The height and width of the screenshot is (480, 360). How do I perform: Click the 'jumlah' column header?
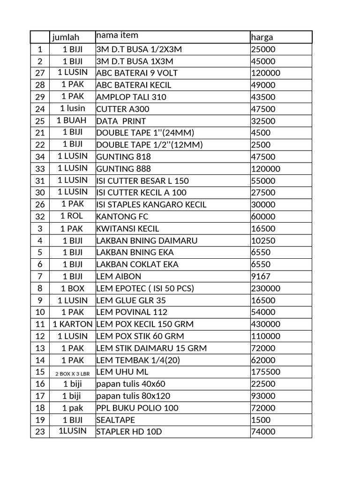(x=66, y=37)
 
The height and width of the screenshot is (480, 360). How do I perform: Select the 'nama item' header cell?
(x=117, y=36)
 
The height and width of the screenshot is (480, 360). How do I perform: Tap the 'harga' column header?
(x=262, y=37)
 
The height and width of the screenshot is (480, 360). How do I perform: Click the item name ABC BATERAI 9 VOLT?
(x=137, y=73)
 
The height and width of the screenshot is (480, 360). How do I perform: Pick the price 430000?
(x=266, y=324)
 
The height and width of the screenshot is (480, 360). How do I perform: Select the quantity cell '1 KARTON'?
(x=72, y=324)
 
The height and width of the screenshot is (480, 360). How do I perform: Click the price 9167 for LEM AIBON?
(x=261, y=277)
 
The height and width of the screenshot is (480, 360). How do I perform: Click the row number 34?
(x=40, y=157)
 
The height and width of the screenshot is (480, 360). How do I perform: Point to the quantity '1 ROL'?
(x=72, y=216)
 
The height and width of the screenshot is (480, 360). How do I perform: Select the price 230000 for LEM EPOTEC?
(x=266, y=288)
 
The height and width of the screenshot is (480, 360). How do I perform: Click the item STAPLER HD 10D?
(x=129, y=432)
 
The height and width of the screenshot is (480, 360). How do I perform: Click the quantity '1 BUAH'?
(x=72, y=120)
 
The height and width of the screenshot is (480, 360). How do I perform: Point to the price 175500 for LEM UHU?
(x=266, y=372)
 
